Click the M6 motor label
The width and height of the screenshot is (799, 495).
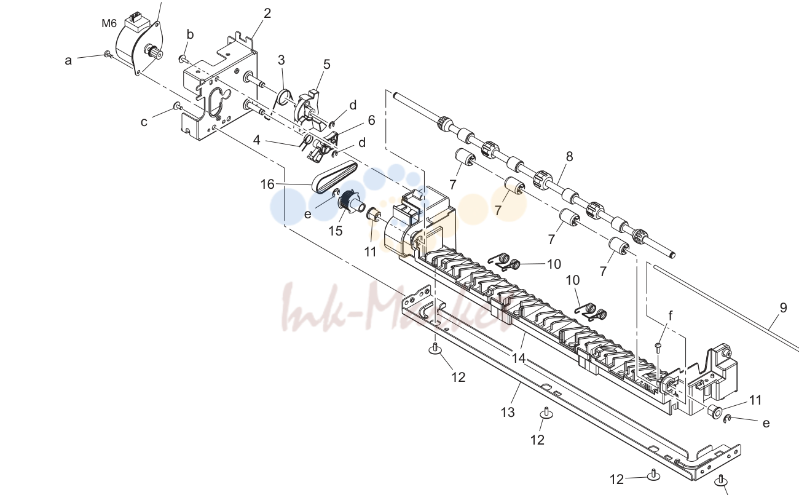pos(109,23)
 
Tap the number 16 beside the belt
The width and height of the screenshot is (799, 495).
pos(267,184)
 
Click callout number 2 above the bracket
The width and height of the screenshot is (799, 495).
pos(267,14)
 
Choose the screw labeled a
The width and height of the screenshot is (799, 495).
pos(108,55)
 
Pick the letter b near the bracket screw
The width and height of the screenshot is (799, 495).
pos(190,34)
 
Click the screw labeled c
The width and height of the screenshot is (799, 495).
pos(177,106)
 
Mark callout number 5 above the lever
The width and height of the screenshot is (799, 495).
pos(327,65)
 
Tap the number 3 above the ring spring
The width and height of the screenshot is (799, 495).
pos(281,60)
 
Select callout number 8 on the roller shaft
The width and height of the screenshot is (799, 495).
pos(569,156)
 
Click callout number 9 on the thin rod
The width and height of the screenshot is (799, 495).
pos(783,307)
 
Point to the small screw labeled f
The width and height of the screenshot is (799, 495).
pos(658,347)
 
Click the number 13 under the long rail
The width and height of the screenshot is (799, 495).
pos(508,413)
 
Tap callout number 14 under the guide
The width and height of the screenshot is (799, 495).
pos(519,358)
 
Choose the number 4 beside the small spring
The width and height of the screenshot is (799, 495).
pos(256,140)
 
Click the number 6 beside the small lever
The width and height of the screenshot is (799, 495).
pos(371,121)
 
